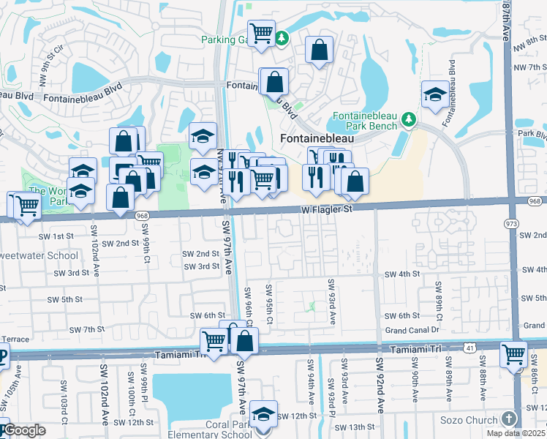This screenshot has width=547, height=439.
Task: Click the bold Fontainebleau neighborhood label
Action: point(317,138)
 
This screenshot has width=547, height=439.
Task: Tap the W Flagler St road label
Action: point(326,209)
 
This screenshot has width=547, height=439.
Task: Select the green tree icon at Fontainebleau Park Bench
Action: point(410,119)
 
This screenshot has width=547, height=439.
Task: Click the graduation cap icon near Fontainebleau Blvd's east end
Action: point(435,95)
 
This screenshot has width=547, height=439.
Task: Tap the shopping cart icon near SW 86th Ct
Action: point(513,354)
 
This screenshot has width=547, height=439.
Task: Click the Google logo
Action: point(23,429)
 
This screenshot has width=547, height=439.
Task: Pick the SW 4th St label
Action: point(402,274)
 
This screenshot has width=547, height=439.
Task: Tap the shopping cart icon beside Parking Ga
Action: point(260,33)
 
